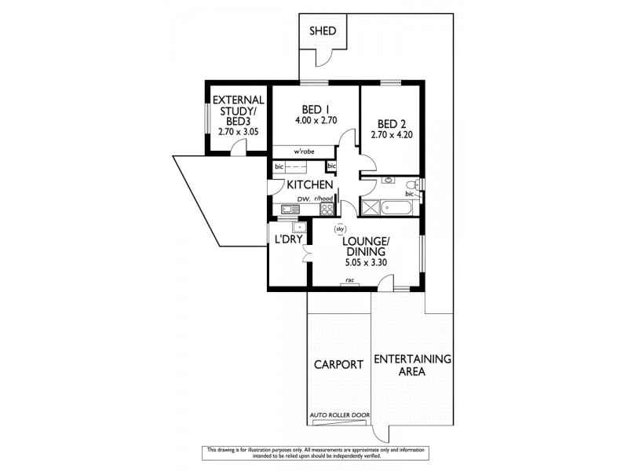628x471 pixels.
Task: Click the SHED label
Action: point(323,31)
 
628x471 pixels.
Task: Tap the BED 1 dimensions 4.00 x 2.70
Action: point(316,121)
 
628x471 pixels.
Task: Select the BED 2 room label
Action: point(392,124)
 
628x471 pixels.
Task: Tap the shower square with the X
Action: point(369,208)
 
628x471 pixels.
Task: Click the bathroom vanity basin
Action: point(387,181)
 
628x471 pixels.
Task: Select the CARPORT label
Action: point(338,364)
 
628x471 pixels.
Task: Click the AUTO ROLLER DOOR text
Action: point(341,415)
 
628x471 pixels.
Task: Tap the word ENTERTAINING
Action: point(412,359)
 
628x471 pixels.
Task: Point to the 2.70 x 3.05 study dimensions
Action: point(236,133)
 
